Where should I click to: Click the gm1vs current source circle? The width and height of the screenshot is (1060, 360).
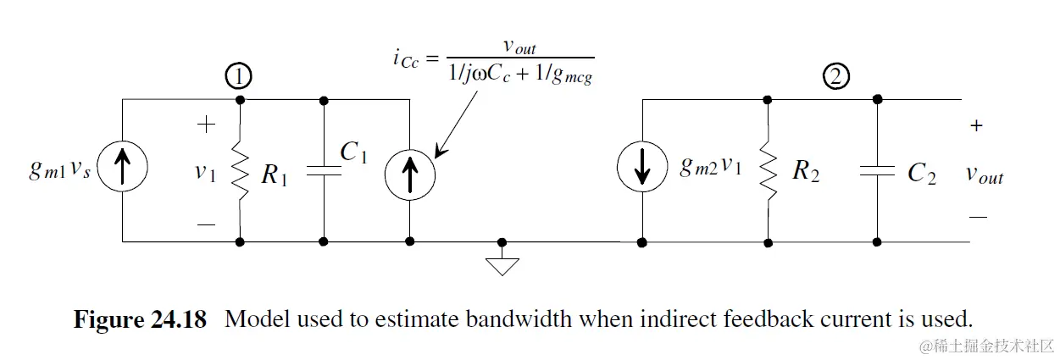point(123,170)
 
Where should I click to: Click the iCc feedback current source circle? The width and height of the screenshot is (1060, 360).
point(410,170)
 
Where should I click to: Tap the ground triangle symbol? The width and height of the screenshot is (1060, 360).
point(502,266)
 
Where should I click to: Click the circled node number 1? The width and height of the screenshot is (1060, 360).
point(239,77)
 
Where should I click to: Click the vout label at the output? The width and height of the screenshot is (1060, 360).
point(985,174)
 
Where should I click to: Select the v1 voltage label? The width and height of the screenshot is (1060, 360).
point(204,173)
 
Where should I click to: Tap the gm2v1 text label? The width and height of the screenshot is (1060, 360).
point(710,168)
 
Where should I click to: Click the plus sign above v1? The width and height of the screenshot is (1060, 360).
point(206,125)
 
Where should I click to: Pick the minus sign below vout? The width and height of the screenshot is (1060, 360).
point(978,217)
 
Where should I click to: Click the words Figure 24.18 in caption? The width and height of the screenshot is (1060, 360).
point(141,320)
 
